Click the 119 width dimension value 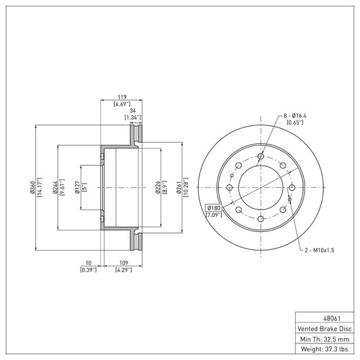(122, 97)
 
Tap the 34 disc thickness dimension (132, 111)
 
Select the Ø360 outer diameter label (33, 187)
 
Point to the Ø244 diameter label (55, 187)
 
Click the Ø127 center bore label (77, 187)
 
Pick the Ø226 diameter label (158, 187)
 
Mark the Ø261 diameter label (179, 187)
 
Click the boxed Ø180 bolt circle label (213, 207)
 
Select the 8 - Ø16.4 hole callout (295, 116)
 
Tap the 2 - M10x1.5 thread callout (320, 251)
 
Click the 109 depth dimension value (124, 263)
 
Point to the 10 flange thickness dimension (89, 263)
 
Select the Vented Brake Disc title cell (325, 329)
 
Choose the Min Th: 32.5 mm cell (325, 339)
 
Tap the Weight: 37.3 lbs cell (325, 349)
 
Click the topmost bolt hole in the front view (261, 156)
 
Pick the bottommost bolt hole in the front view (261, 219)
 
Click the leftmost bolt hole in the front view (230, 187)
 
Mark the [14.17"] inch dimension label (40, 187)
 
